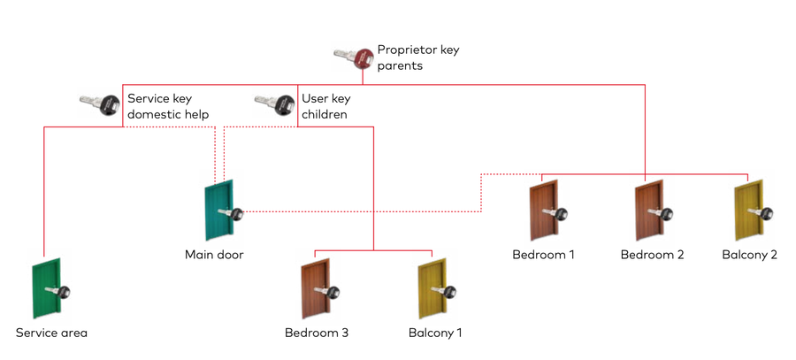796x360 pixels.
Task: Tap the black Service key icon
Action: [99, 105]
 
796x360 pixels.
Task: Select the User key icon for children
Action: [273, 105]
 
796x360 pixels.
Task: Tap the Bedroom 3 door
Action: [316, 288]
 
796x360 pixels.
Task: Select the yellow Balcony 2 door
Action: [749, 211]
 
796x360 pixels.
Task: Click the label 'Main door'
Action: [214, 255]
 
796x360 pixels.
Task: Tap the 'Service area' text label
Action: [51, 333]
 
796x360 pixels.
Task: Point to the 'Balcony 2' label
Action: [749, 255]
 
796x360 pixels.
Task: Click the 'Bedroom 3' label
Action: [317, 333]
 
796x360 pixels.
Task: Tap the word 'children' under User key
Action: [325, 114]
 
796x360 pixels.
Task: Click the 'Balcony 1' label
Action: [435, 333]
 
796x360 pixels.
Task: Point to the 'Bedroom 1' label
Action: [544, 255]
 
